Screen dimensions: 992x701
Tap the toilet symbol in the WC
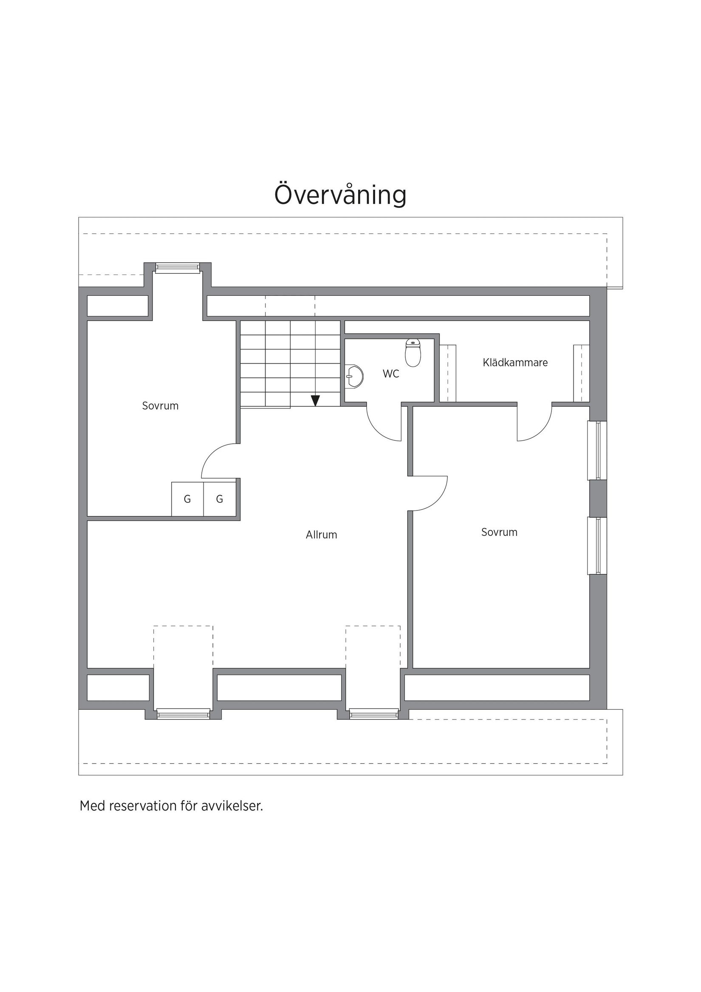point(413,353)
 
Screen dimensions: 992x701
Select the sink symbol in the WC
point(354,377)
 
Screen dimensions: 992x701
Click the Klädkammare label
point(515,363)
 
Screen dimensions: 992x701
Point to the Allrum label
point(321,535)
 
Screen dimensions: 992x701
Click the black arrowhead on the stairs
point(315,400)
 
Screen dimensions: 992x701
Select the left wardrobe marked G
point(187,499)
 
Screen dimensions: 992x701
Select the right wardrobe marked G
point(219,499)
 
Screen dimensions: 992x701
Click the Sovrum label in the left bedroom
point(160,406)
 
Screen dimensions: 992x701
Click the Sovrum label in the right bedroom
point(499,532)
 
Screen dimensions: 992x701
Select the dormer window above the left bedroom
point(178,268)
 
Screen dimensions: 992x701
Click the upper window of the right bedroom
point(598,451)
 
